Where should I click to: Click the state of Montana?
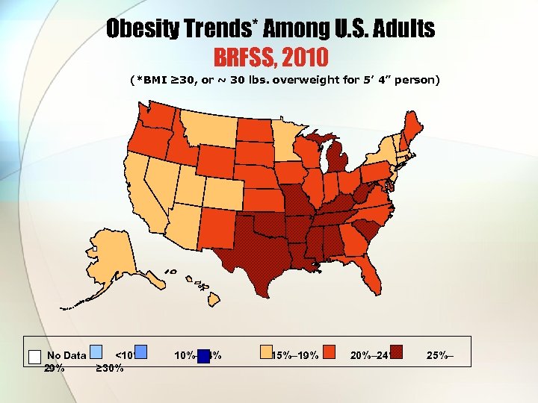point(208,131)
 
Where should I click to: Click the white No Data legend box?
point(34,356)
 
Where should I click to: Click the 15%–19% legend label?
point(296,355)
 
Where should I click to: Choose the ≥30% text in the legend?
point(110,367)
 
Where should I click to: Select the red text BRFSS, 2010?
point(270,57)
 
